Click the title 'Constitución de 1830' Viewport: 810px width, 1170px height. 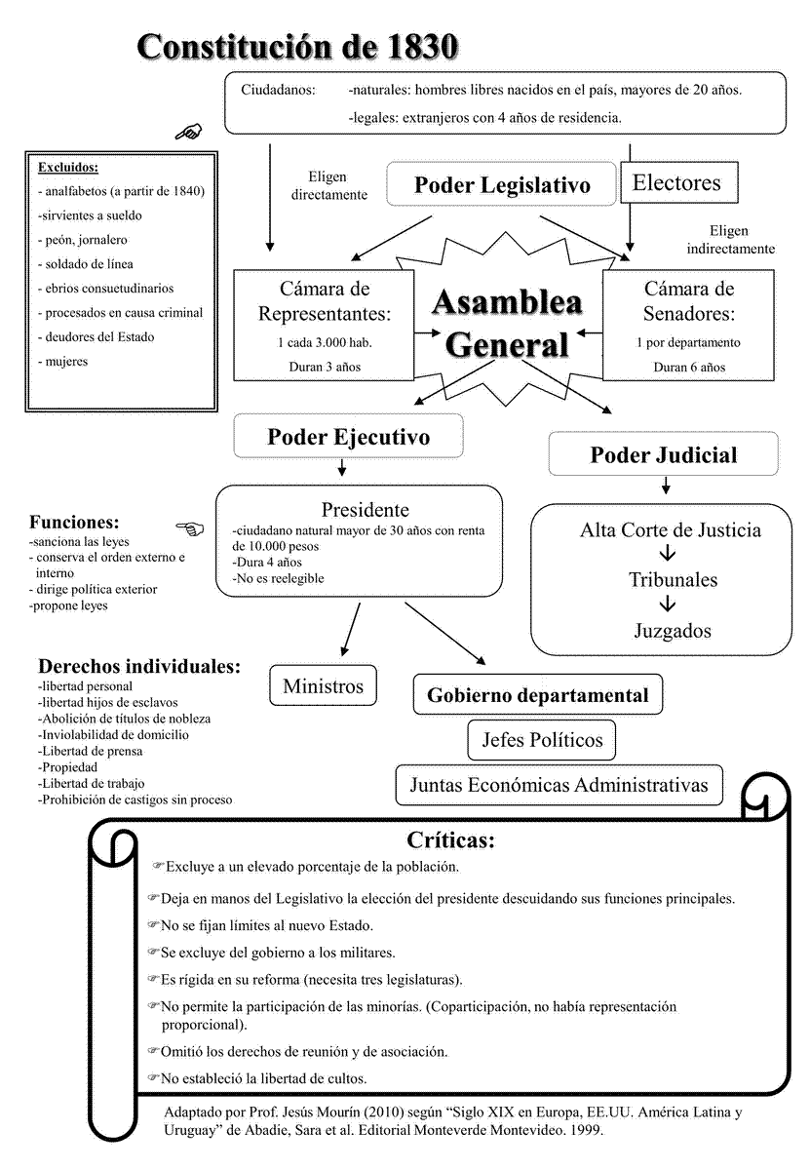(296, 46)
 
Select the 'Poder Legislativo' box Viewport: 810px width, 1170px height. (502, 185)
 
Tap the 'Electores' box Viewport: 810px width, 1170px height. (676, 182)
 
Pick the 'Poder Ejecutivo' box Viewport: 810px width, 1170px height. (348, 437)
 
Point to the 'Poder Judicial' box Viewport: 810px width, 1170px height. (664, 454)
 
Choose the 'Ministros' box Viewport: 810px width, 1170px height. (323, 686)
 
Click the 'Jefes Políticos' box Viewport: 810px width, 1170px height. (542, 740)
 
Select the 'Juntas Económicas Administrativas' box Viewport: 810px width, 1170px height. (559, 785)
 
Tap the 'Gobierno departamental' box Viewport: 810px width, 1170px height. (538, 695)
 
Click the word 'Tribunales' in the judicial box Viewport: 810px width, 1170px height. (673, 580)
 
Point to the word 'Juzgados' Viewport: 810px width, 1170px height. (673, 630)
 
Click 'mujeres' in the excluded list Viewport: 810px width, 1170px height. (65, 362)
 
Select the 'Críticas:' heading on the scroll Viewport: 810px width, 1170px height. (451, 840)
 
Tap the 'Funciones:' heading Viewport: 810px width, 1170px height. (74, 521)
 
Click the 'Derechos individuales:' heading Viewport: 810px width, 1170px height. (139, 667)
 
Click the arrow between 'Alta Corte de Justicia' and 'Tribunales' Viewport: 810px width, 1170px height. (669, 555)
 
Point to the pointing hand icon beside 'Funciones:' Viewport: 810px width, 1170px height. (190, 528)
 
